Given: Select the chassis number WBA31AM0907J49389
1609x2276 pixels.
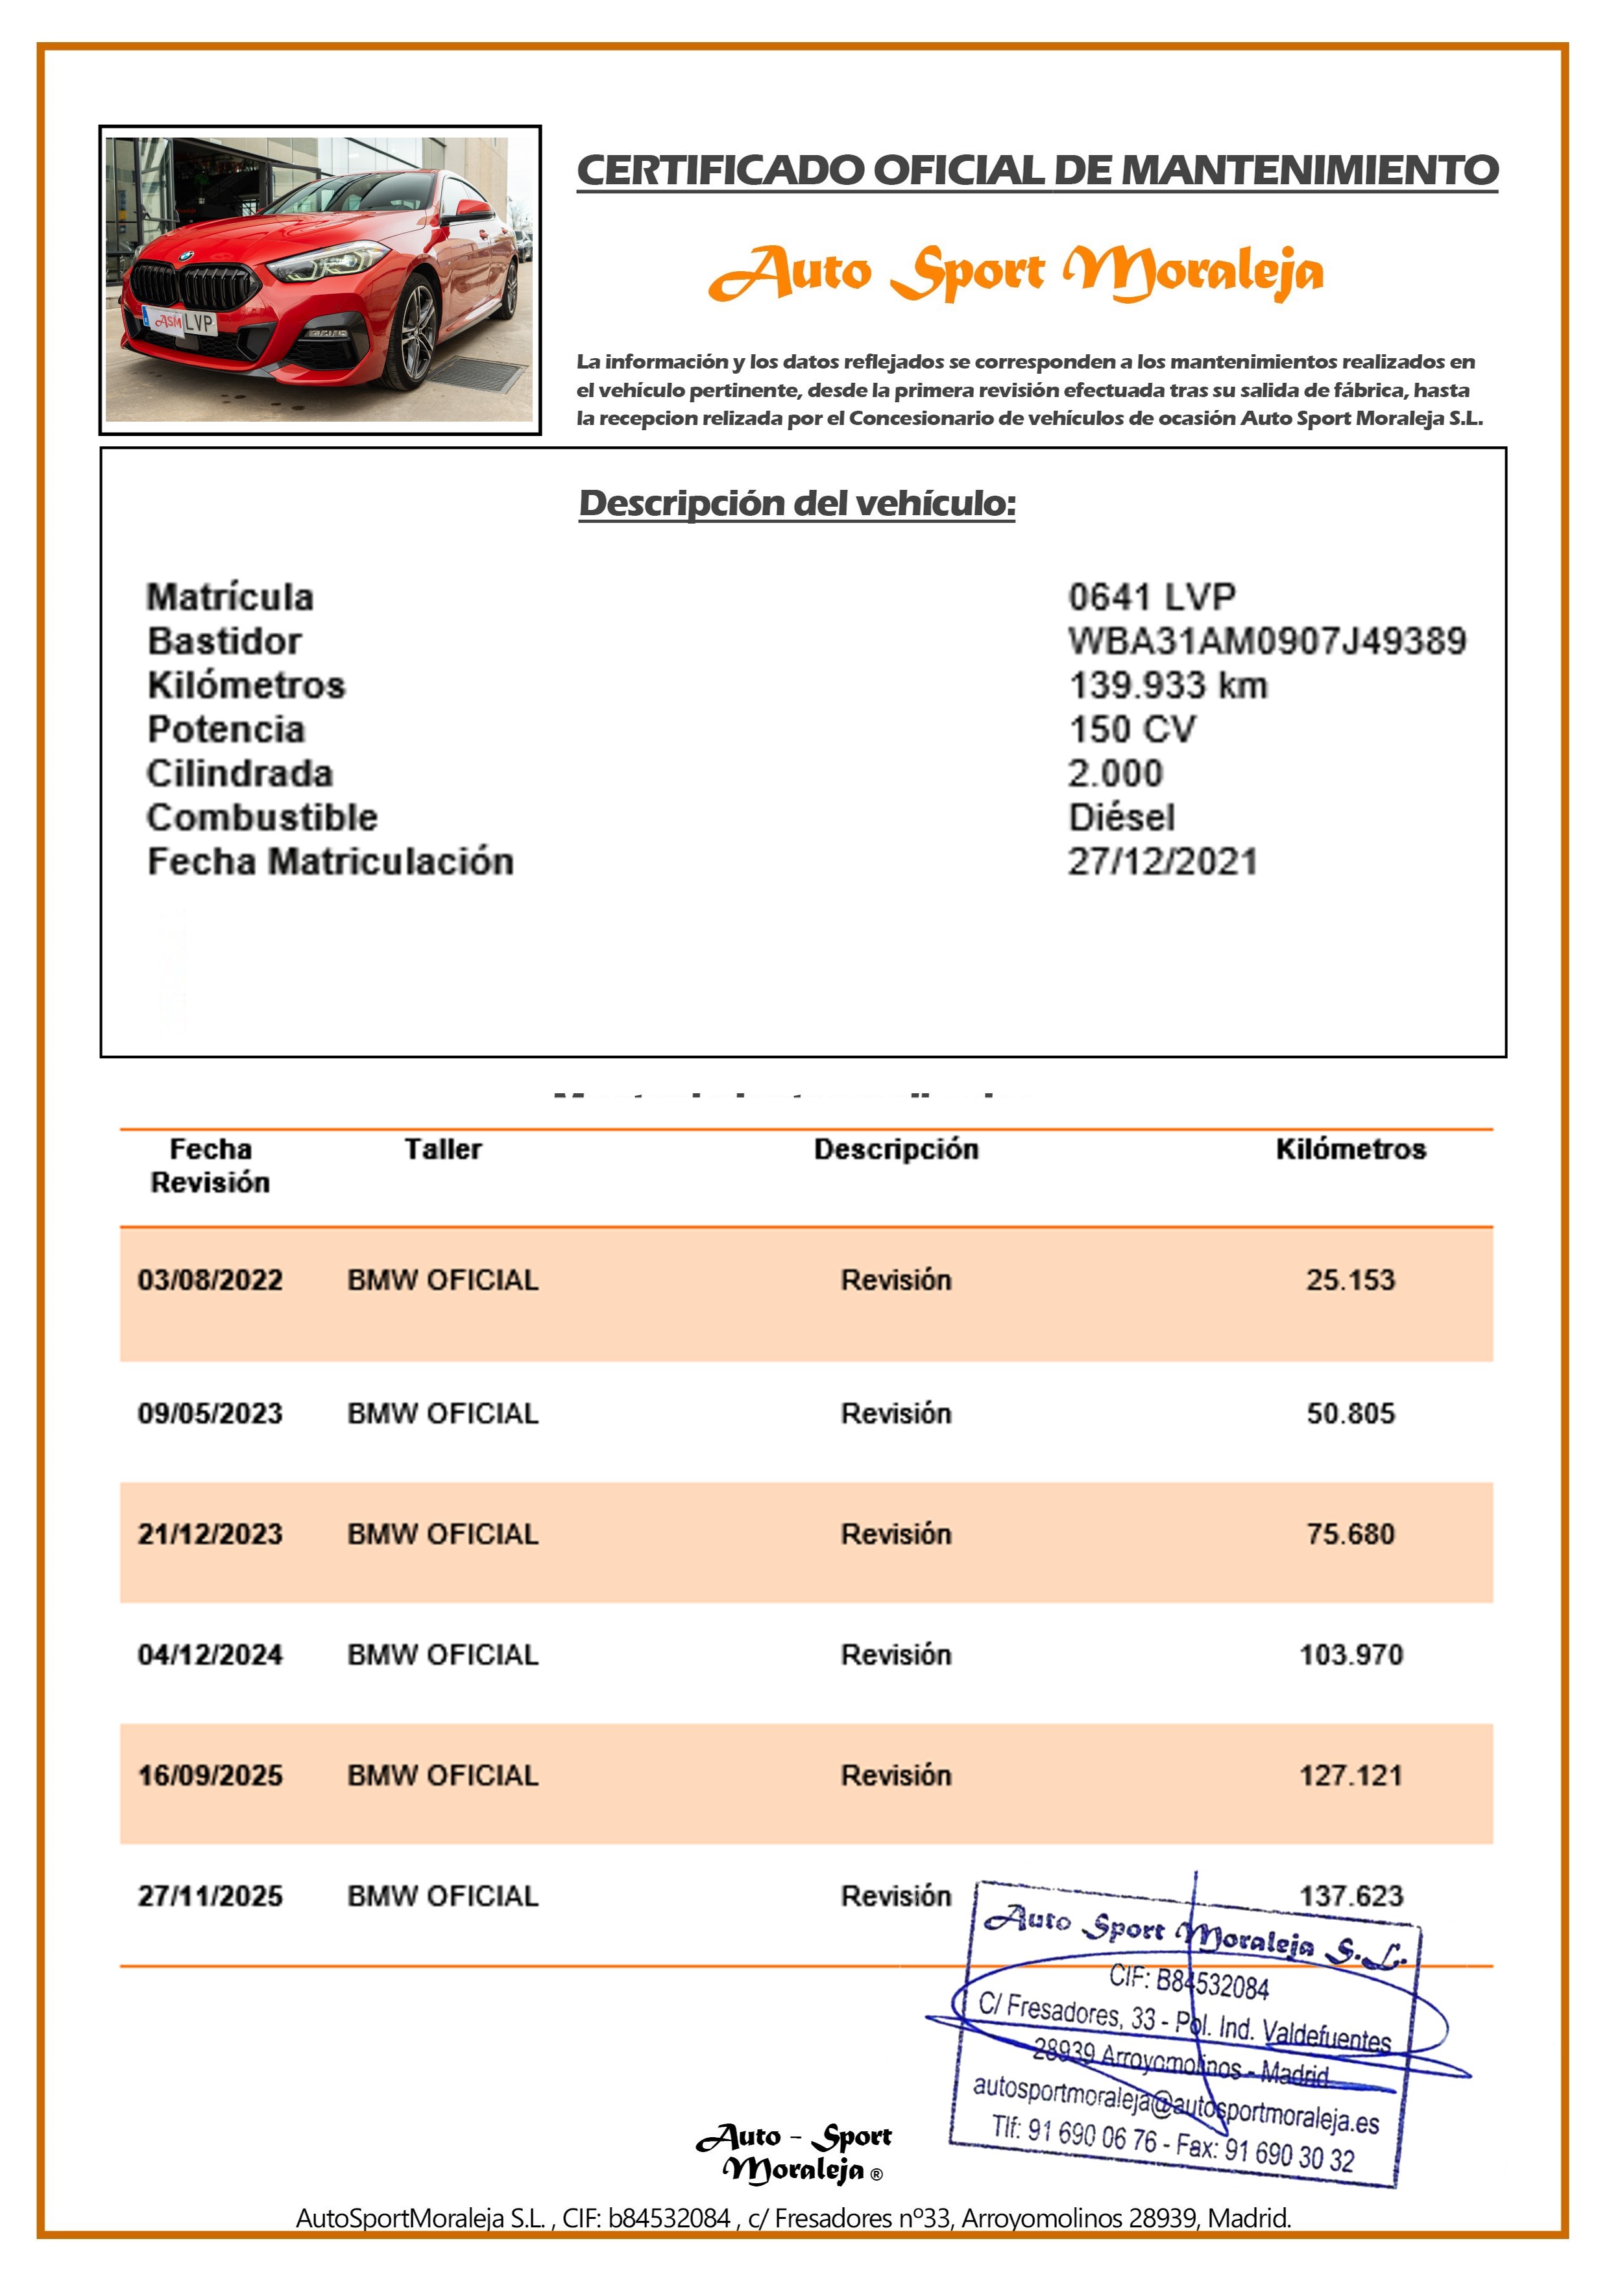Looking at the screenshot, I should coord(1266,642).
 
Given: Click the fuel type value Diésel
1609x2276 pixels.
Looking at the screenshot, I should coord(1121,817).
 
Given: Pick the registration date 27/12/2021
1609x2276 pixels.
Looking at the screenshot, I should coord(1162,862).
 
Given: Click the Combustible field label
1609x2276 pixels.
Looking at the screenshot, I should coord(261,817).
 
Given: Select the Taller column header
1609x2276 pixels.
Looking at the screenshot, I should coord(442,1149).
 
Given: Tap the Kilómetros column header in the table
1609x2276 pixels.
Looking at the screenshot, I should coord(1350,1149).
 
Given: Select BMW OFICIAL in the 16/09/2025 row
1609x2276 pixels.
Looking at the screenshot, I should coord(442,1775).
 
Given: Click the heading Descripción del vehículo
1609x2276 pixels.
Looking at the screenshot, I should coord(797,503).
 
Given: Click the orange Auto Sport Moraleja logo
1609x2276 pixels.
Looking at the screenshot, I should coord(1016,272).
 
